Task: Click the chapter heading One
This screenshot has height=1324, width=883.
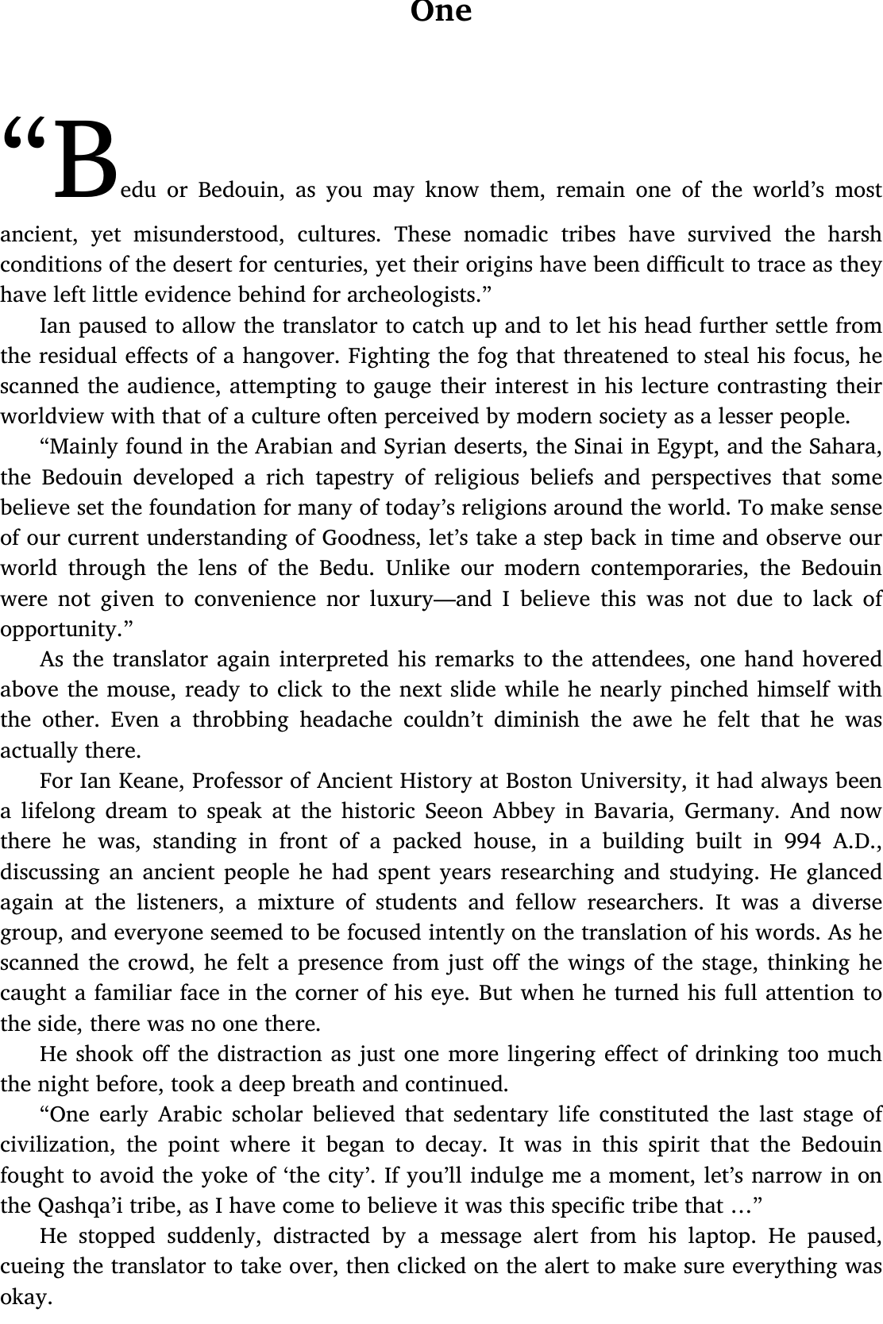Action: pos(441,11)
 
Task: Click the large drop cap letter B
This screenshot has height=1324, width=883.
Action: pos(85,159)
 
